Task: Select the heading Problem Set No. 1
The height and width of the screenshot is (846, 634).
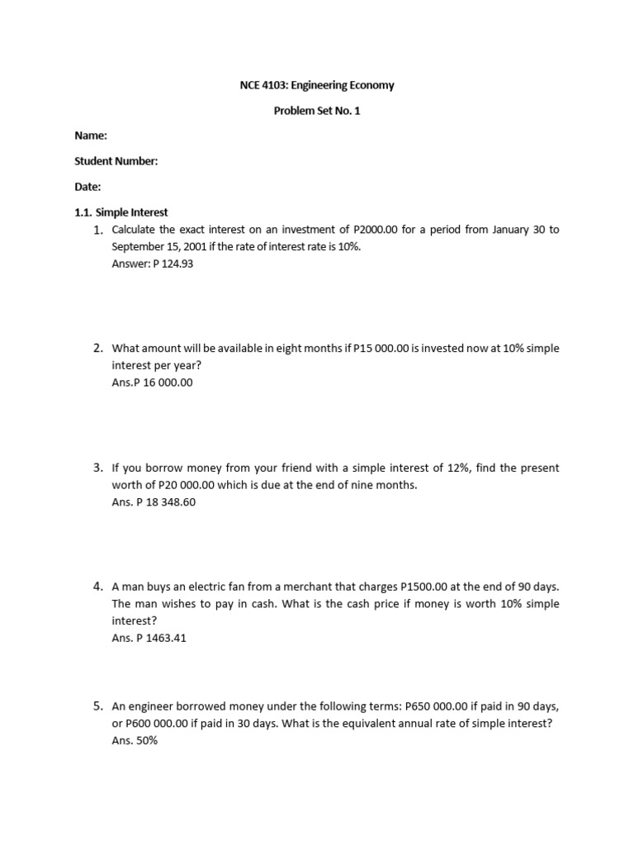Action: (317, 111)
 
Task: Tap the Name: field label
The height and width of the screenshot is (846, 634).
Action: (91, 136)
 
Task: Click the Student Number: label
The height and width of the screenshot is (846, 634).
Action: (116, 162)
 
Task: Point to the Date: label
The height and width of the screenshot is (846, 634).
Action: (88, 188)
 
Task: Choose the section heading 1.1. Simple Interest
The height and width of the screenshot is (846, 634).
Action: (121, 213)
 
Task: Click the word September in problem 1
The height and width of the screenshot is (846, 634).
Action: (136, 247)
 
